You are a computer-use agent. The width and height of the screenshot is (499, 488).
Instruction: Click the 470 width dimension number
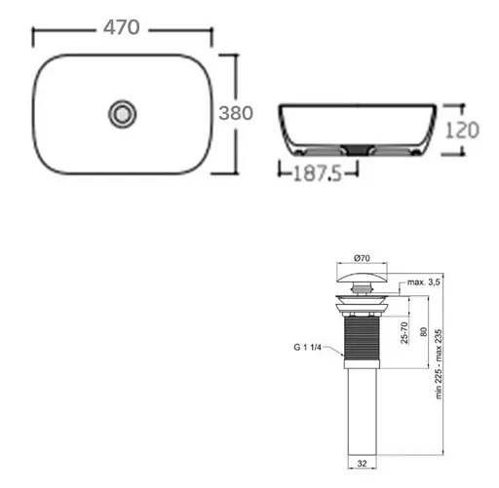tap(123, 29)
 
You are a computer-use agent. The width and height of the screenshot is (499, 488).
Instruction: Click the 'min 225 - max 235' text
tap(440, 362)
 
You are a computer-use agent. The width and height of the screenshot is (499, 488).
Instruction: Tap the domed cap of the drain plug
tap(362, 283)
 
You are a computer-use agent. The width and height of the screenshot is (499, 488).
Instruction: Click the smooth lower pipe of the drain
tap(363, 419)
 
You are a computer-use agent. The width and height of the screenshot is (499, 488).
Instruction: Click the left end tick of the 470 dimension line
tap(35, 37)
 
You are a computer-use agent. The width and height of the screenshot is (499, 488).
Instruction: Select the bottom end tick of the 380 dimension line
tap(234, 173)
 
